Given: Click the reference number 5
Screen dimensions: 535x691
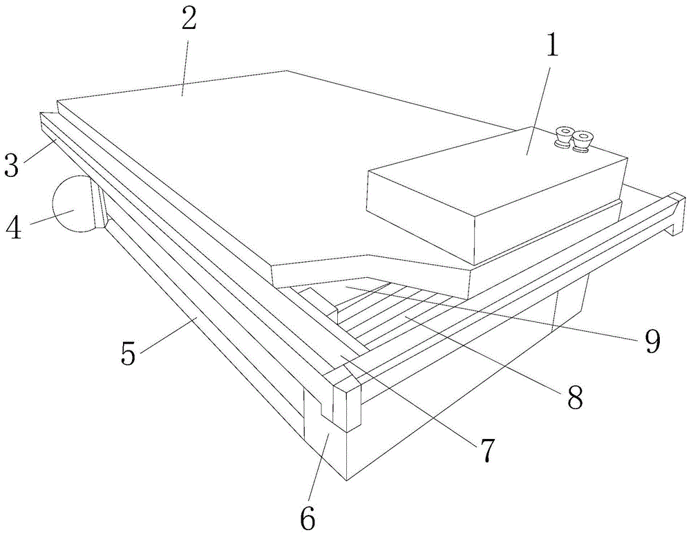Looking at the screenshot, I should point(128,353).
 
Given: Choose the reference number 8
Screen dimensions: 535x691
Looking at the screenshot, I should point(575,395).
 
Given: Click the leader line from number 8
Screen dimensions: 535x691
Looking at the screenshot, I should point(484,353).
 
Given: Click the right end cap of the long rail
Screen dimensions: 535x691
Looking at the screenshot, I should point(674,214).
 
